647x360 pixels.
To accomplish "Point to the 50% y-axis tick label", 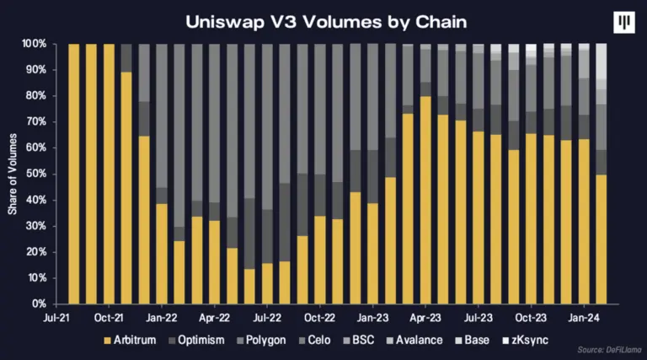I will pos(35,174).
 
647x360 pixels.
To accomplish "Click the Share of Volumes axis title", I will pos(13,173).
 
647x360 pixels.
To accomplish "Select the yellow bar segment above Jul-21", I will pos(73,173).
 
